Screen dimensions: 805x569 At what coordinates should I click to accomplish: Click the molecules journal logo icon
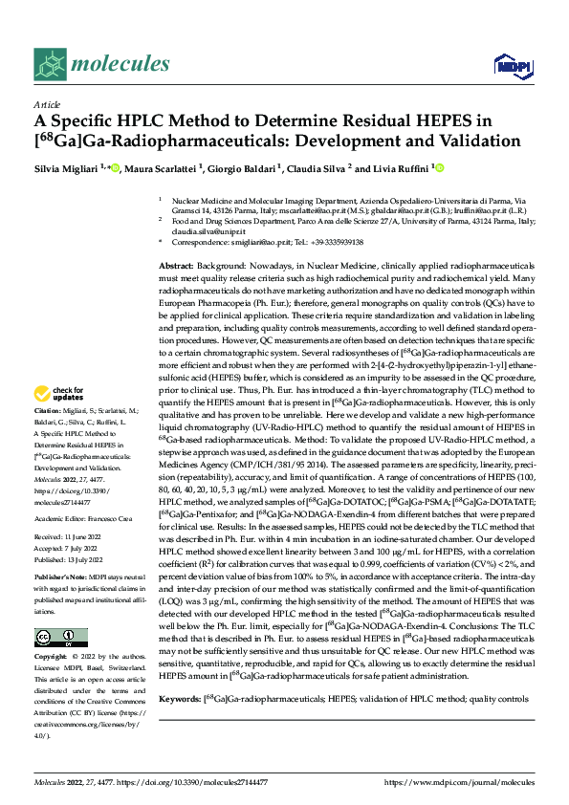click(x=51, y=64)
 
